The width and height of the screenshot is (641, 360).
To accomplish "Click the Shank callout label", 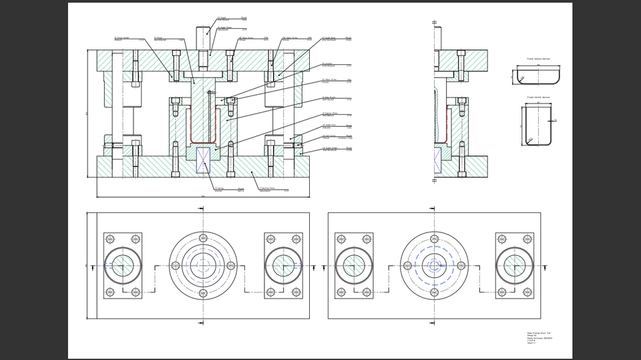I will [x=223, y=19].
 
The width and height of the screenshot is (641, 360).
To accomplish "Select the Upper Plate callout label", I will [x=224, y=28].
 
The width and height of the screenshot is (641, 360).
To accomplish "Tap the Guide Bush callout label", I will [x=330, y=39].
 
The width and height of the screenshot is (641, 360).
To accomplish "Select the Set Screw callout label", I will [x=329, y=137].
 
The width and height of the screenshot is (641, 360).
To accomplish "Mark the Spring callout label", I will [x=219, y=190].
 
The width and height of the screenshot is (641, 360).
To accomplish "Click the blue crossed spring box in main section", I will [x=203, y=160].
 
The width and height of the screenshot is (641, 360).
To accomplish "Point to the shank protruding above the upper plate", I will [x=203, y=37].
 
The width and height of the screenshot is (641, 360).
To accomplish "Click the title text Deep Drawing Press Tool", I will [x=539, y=333].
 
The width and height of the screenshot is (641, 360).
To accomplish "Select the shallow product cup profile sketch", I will [x=538, y=75].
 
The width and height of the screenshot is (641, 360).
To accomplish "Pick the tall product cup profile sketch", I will [x=537, y=125].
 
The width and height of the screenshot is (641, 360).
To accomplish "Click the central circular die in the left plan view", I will [x=203, y=265].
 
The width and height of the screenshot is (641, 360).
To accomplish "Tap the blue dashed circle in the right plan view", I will [x=434, y=265].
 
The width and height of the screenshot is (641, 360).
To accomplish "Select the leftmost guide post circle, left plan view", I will [x=123, y=265].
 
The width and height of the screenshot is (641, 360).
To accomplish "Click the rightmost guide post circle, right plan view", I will [x=514, y=265].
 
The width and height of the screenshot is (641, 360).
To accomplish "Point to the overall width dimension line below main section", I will [x=203, y=197].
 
